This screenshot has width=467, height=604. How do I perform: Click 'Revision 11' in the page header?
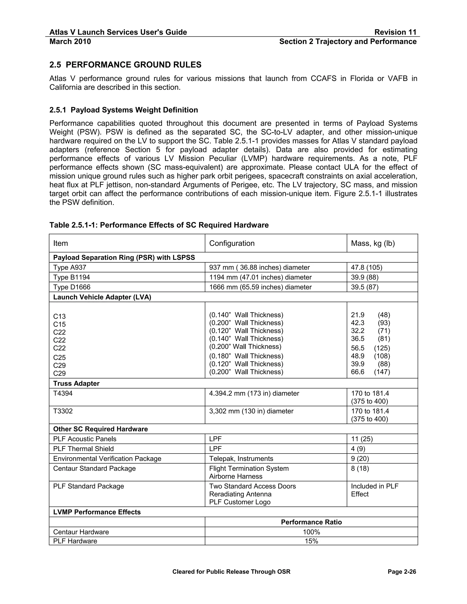point(395,32)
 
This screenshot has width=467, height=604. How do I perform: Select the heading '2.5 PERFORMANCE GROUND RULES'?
point(125,65)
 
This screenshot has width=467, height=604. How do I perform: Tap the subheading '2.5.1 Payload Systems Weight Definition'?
point(124,110)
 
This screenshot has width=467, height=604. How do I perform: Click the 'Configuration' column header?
point(232,243)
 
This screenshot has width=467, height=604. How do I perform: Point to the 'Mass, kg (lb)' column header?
point(373,243)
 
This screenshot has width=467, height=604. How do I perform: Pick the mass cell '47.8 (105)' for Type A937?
point(367,267)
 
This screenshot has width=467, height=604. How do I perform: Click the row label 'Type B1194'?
point(71,277)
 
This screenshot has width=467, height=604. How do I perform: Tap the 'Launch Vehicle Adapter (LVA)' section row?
point(102,297)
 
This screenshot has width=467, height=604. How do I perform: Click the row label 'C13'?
point(60,316)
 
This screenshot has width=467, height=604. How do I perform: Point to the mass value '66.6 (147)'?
point(370,372)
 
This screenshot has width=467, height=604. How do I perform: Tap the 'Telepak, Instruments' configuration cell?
point(241,459)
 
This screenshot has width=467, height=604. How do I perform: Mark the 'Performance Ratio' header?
point(311,522)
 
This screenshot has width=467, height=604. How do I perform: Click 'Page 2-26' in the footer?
point(402,572)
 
